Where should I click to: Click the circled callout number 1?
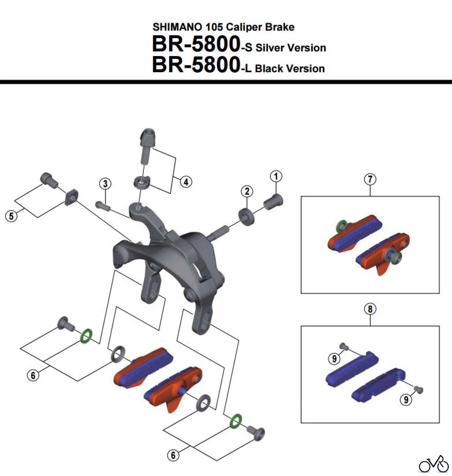(x=276, y=176)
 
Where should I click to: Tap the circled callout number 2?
(x=247, y=191)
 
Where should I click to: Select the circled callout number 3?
(x=105, y=184)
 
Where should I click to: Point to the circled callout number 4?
(x=186, y=182)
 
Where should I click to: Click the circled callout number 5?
(x=11, y=216)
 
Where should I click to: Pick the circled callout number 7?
(x=370, y=179)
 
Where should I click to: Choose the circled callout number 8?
(x=370, y=309)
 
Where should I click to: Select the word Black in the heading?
(x=269, y=69)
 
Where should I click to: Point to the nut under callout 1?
(x=273, y=202)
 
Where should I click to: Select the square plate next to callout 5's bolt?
(x=71, y=197)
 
